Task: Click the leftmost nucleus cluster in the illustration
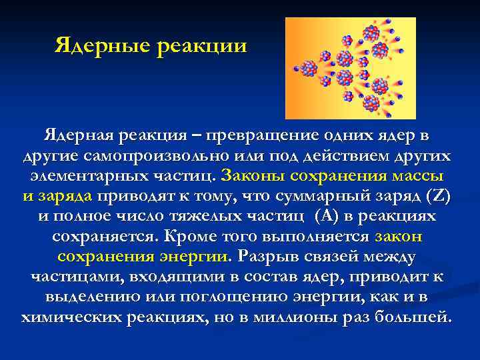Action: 309,68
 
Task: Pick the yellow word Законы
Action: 252,177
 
